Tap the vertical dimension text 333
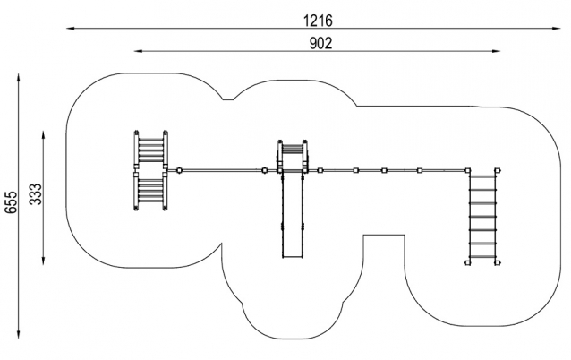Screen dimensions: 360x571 (37, 194)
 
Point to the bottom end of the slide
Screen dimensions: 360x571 (293, 255)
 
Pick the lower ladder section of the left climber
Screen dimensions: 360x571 (151, 191)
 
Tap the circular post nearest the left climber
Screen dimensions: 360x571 (179, 169)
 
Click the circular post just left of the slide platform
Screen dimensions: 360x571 (264, 169)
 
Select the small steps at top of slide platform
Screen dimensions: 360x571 (293, 148)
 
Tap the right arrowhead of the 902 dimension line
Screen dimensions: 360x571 (498, 52)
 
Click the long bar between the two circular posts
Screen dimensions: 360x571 (222, 169)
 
